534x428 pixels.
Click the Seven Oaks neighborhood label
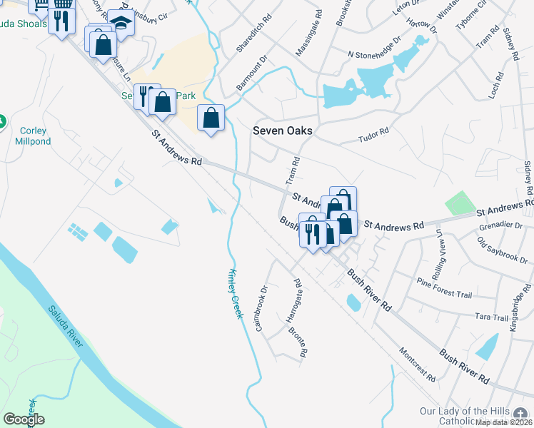(x=283, y=131)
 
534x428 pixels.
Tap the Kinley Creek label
(x=236, y=293)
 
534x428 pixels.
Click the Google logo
(x=24, y=419)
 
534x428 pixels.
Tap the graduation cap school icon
(x=121, y=24)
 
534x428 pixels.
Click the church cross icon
(x=522, y=414)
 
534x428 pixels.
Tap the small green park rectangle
(x=460, y=203)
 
